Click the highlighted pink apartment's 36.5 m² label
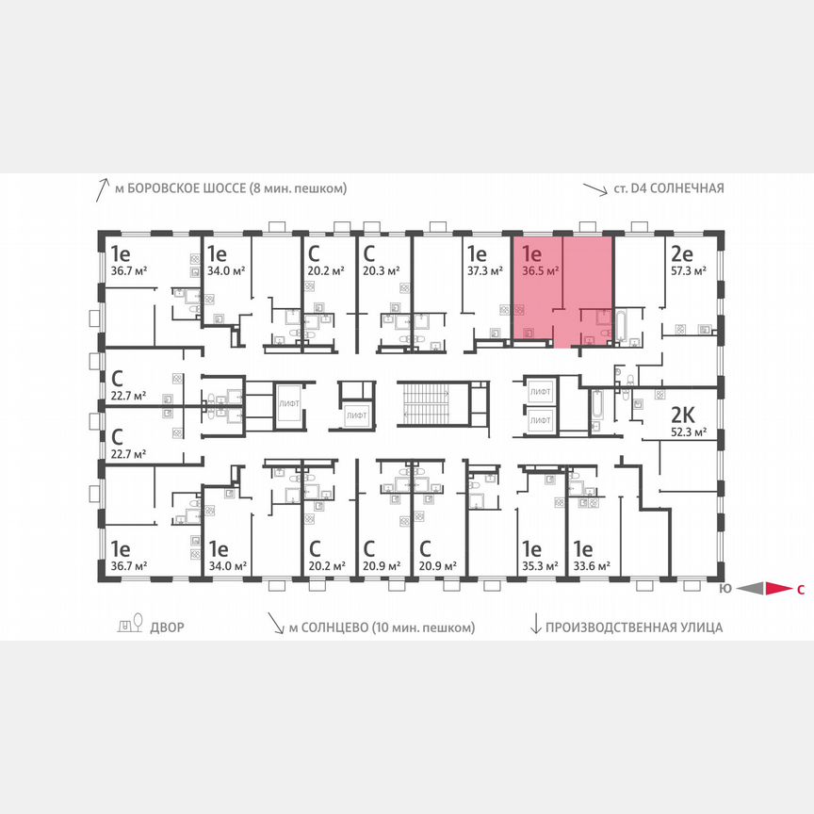click(x=541, y=269)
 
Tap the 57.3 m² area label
click(x=688, y=269)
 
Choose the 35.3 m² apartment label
click(x=539, y=566)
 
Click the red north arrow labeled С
click(x=778, y=590)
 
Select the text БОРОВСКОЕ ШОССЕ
click(x=193, y=188)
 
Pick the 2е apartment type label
click(x=682, y=252)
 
